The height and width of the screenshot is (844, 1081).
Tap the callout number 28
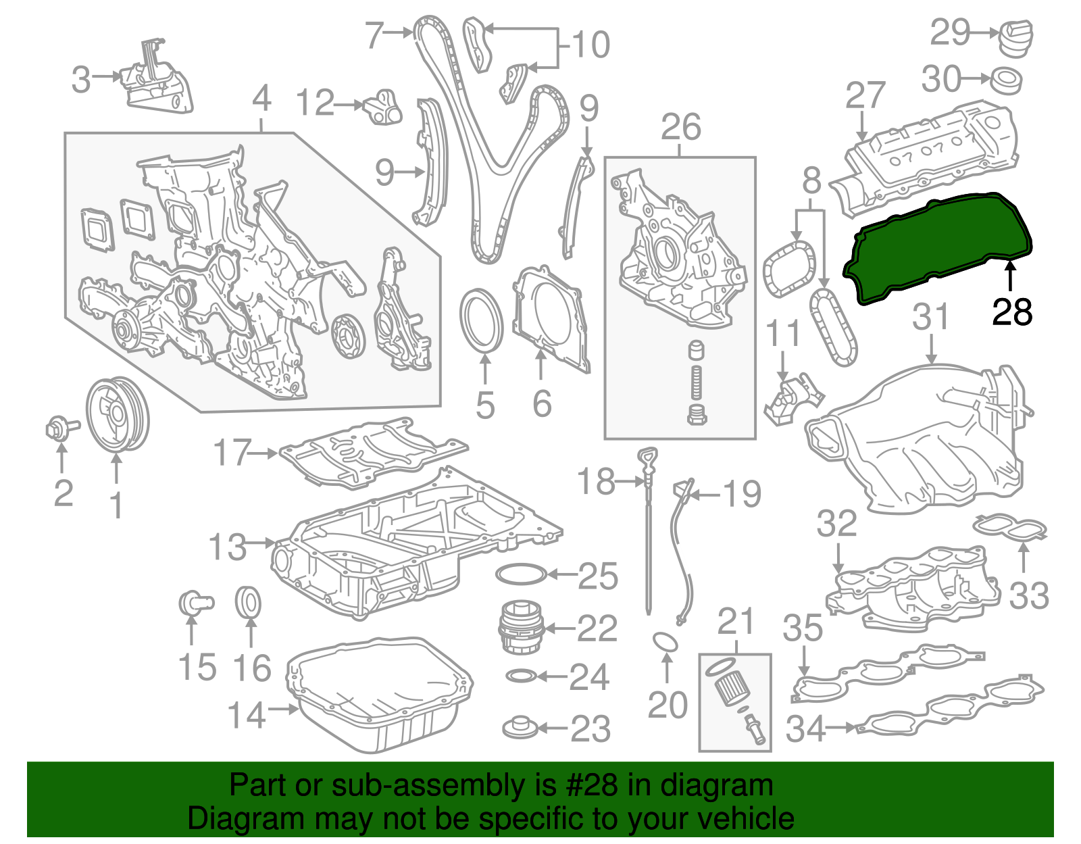(1011, 312)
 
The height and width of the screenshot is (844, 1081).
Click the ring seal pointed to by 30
(1006, 80)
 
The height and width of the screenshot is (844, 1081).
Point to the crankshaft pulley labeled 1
(118, 415)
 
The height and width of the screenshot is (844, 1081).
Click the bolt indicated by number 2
(59, 428)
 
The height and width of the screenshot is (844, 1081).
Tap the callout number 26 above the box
(680, 128)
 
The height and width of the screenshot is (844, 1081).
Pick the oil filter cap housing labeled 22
(520, 627)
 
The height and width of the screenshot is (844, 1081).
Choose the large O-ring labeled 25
(520, 574)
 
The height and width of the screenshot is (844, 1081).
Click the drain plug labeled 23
(521, 728)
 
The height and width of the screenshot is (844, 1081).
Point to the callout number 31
(931, 318)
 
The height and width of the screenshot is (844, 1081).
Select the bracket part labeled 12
(383, 107)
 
